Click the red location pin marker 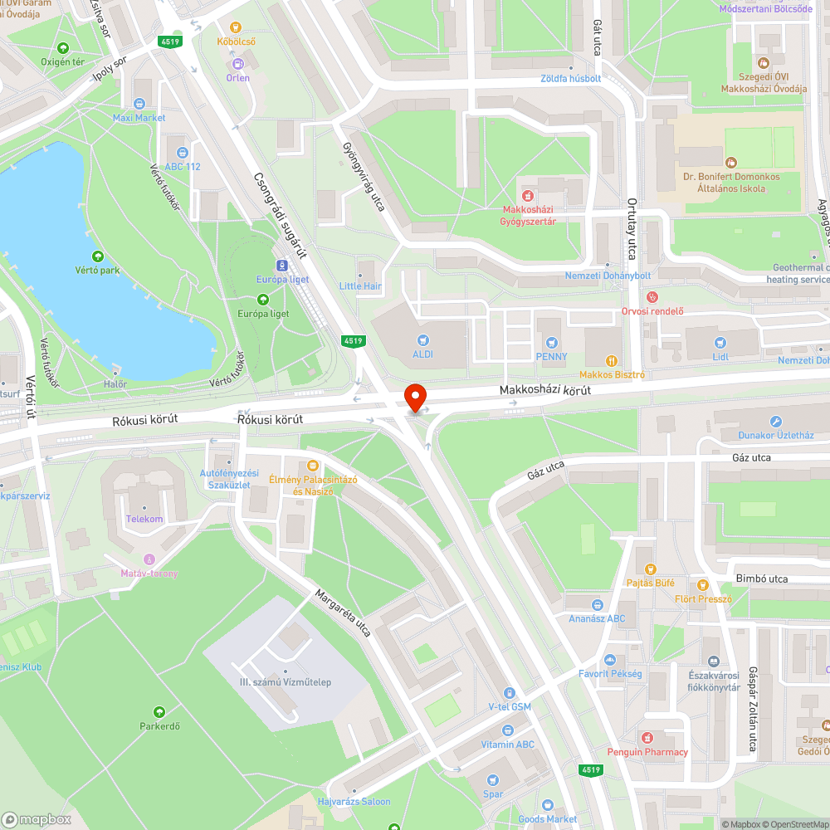[x=414, y=395]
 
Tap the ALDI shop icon [x=424, y=339]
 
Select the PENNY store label [x=551, y=357]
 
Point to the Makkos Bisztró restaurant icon [x=612, y=361]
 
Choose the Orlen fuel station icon [x=238, y=63]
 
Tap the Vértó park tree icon [x=99, y=256]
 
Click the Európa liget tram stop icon [x=282, y=266]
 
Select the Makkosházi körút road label [x=544, y=390]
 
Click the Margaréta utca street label [x=342, y=613]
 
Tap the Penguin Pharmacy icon [x=647, y=737]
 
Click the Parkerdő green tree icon [x=159, y=712]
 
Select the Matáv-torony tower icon [x=149, y=559]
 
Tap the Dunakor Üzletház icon [x=775, y=422]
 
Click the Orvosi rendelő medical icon [x=652, y=296]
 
